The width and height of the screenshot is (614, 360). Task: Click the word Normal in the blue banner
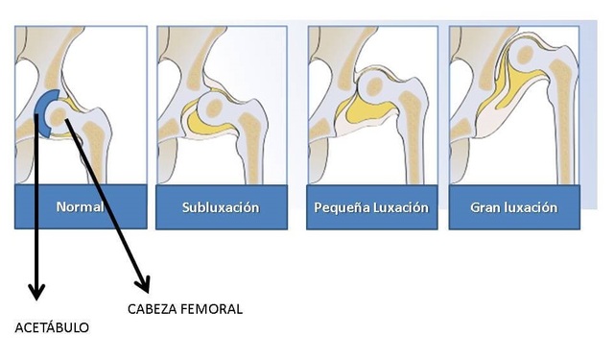[80, 206]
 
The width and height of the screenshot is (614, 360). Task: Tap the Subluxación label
[221, 207]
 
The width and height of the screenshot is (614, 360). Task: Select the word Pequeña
[342, 207]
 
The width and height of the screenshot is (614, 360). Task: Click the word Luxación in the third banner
[400, 207]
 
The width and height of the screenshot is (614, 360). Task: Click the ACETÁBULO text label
[52, 327]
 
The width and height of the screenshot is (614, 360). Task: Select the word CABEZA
[153, 309]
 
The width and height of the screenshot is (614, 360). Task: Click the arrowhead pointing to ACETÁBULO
[36, 292]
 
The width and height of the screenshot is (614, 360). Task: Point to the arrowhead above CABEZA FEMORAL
[143, 284]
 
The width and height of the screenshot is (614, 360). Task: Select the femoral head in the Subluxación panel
[214, 108]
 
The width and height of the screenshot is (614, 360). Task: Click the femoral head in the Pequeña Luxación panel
[375, 85]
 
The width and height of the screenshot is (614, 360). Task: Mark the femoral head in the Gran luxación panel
[525, 55]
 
